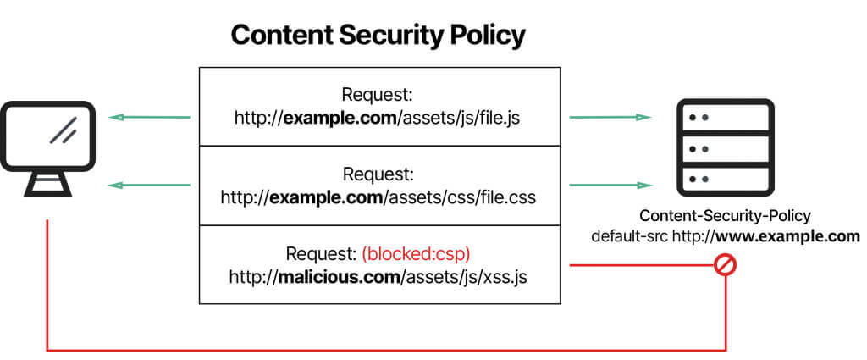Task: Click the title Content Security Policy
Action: pyautogui.click(x=378, y=36)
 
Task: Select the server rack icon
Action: pyautogui.click(x=725, y=148)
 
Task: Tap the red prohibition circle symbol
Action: pyautogui.click(x=726, y=265)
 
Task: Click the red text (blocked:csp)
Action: pyautogui.click(x=415, y=253)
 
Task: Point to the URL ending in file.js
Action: pyautogui.click(x=378, y=117)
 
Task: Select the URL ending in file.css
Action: pyautogui.click(x=378, y=197)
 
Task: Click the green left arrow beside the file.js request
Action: pyautogui.click(x=150, y=117)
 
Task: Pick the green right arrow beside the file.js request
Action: pyautogui.click(x=610, y=117)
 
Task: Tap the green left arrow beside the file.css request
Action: pyautogui.click(x=150, y=184)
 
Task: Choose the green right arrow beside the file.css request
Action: pyautogui.click(x=610, y=184)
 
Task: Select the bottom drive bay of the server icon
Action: pyautogui.click(x=725, y=180)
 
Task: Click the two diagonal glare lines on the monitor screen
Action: pyautogui.click(x=63, y=130)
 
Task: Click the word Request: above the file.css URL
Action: pyautogui.click(x=378, y=174)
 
